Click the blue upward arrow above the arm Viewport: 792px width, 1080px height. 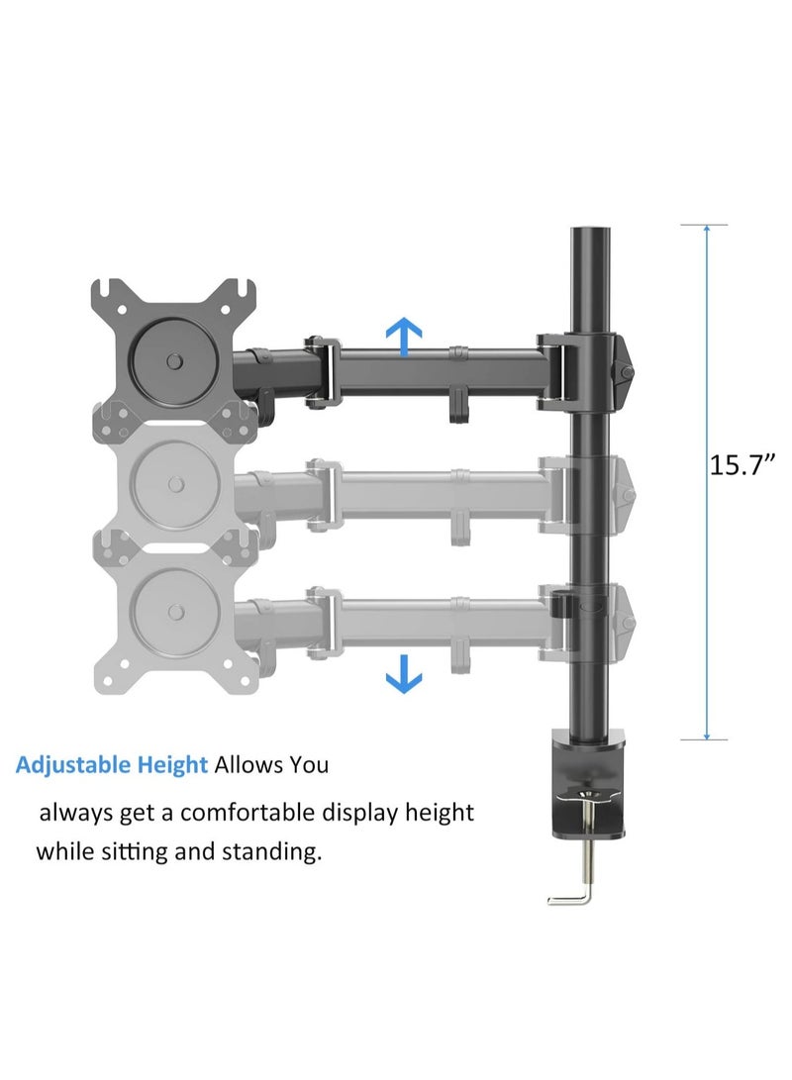coord(403,337)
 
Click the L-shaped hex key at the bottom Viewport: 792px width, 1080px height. coord(570,896)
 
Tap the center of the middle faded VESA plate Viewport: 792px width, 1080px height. coord(175,483)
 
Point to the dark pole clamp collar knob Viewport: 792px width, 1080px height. coord(626,372)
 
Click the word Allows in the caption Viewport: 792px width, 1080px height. coord(248,765)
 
